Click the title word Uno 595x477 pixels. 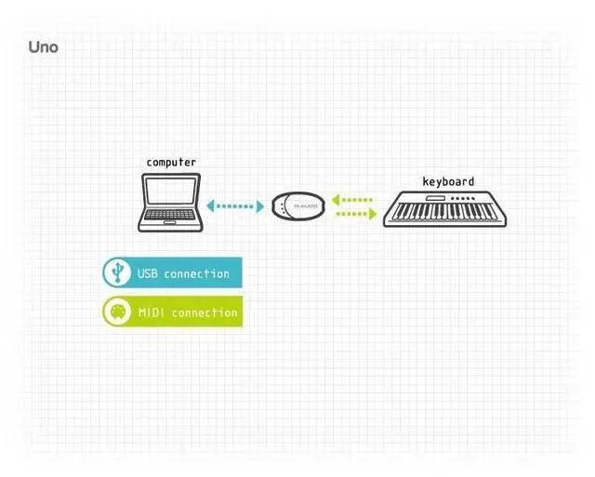coord(43,46)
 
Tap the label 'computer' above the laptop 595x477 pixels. coord(171,162)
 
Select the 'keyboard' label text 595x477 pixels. coord(448,182)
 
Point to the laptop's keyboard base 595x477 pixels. coord(171,221)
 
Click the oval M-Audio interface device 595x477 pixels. coord(299,206)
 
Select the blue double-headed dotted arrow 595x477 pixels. coord(235,205)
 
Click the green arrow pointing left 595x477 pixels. coord(353,199)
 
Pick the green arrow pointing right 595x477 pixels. coord(357,214)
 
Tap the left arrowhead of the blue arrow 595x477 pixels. coord(211,205)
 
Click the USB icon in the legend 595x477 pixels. coord(116,272)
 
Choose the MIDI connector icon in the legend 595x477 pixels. coord(116,311)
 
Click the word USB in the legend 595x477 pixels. coord(147,273)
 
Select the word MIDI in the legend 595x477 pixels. coord(151,312)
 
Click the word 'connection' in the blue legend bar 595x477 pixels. coord(196,273)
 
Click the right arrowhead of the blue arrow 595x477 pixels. coord(260,205)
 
